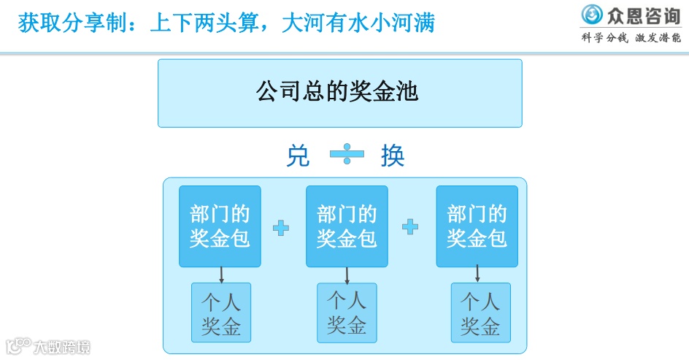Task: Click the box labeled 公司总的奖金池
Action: coord(340,93)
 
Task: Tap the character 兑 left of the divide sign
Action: coord(298,156)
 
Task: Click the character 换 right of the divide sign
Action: coord(393,156)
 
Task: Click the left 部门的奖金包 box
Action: coord(220,226)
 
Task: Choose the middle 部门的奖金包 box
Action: coord(347,226)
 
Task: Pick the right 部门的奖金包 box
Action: coord(477,226)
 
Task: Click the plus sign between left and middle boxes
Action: coord(281,228)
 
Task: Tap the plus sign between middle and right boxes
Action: coord(410,227)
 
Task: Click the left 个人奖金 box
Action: coord(221,313)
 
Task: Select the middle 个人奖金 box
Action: coord(347,313)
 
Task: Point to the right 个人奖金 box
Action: coord(480,313)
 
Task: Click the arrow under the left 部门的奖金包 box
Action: coord(221,275)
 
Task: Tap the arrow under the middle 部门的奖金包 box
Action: coord(347,275)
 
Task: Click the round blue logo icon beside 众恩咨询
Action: coord(592,14)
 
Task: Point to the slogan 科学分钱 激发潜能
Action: coord(631,38)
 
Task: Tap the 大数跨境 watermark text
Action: coord(62,347)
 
